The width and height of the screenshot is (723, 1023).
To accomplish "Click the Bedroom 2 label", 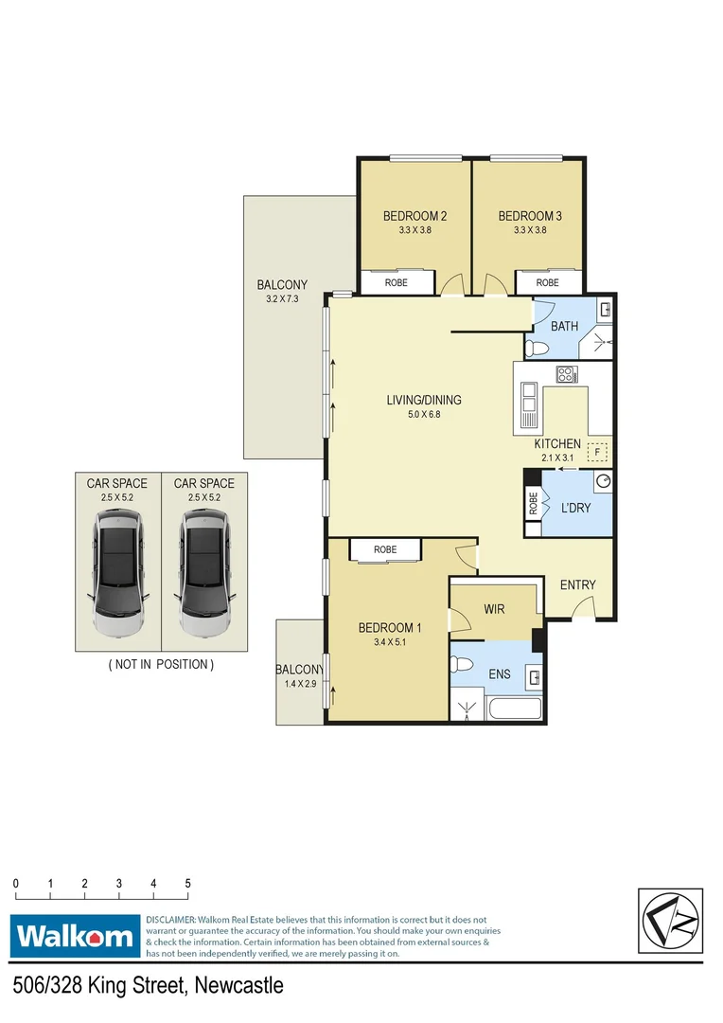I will pyautogui.click(x=414, y=216).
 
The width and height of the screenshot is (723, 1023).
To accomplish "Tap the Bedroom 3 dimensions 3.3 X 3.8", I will pyautogui.click(x=530, y=230).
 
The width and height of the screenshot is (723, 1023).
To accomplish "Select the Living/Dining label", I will pyautogui.click(x=423, y=400).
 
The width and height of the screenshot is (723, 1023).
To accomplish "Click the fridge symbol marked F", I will pyautogui.click(x=597, y=452).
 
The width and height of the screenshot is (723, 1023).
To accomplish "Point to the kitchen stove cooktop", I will pyautogui.click(x=566, y=374).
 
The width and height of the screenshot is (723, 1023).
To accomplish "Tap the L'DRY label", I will pyautogui.click(x=576, y=509).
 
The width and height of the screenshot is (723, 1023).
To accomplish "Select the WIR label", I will pyautogui.click(x=494, y=609).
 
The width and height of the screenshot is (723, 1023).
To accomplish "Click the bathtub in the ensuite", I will pyautogui.click(x=514, y=709).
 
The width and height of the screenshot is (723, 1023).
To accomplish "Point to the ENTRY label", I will pyautogui.click(x=577, y=584).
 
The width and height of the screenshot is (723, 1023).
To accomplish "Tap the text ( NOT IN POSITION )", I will pyautogui.click(x=161, y=664).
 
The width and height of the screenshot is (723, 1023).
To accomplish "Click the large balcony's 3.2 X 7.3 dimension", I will pyautogui.click(x=281, y=299).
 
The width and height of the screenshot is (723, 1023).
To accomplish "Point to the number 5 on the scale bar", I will pyautogui.click(x=187, y=883).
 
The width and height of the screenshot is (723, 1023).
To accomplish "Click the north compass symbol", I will pyautogui.click(x=670, y=923).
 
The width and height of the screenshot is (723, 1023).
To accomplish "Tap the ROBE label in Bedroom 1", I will pyautogui.click(x=384, y=549).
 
